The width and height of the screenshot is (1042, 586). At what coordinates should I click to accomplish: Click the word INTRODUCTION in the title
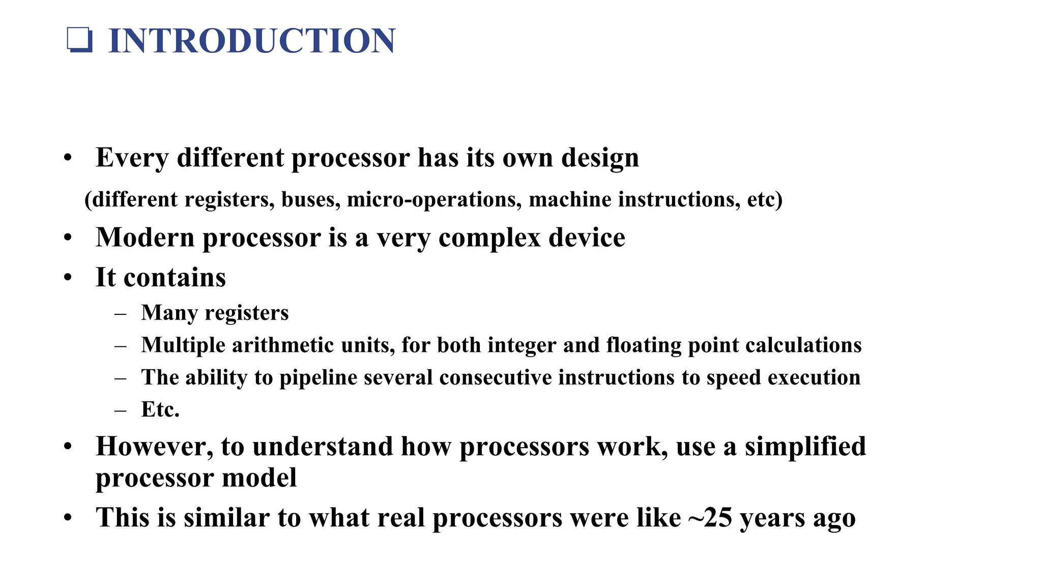[252, 41]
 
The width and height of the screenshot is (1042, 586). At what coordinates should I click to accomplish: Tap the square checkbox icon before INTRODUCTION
[80, 40]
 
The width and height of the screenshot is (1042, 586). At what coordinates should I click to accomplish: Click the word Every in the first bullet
[132, 158]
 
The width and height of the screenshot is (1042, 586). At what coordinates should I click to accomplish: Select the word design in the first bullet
[600, 158]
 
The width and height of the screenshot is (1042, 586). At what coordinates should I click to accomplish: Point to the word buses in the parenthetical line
[310, 199]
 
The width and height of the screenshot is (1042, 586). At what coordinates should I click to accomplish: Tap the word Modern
[145, 238]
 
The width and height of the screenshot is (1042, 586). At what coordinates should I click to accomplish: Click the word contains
[175, 278]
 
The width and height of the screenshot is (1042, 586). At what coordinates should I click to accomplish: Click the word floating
[644, 345]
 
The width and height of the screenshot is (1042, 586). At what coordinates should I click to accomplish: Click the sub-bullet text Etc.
[160, 409]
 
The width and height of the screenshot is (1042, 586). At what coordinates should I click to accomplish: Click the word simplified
[805, 447]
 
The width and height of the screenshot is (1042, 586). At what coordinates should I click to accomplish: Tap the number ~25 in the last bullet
[710, 518]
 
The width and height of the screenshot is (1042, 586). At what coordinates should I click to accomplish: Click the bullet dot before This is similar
[68, 518]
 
